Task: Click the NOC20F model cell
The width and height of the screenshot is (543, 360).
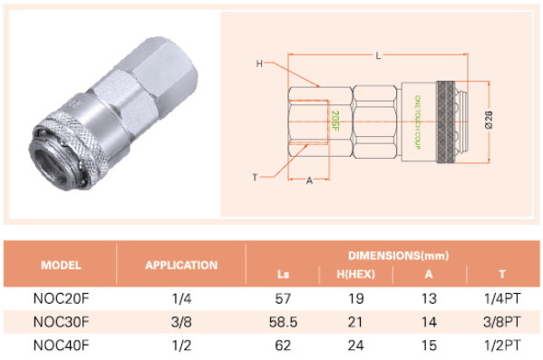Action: coord(61,298)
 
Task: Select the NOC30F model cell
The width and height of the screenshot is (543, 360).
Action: coord(61,322)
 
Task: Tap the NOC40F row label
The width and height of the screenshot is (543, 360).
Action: coord(61,345)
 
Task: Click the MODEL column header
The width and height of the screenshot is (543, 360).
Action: coord(61,265)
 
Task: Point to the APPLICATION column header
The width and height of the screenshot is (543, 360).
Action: coord(181,265)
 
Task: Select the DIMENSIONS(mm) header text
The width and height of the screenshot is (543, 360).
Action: coord(398,256)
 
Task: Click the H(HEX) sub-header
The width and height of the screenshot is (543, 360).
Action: coord(355,275)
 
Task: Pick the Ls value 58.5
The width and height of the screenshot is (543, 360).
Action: coord(283,322)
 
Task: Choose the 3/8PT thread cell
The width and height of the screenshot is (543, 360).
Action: coord(502,322)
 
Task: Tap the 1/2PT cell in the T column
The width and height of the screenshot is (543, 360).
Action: coord(502,345)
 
